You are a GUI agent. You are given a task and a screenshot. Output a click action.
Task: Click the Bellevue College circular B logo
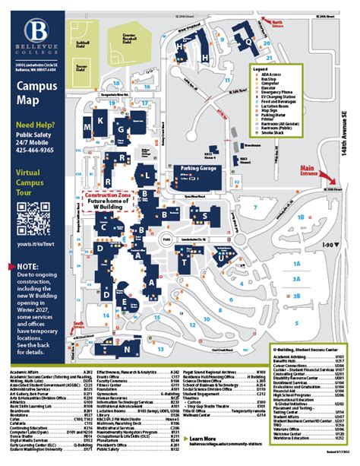36,32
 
